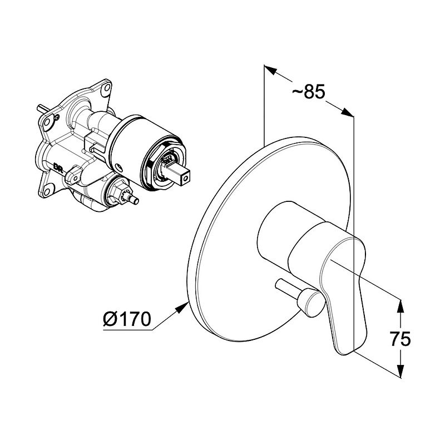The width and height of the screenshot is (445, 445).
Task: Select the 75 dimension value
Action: [400, 339]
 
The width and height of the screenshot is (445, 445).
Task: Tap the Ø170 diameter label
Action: [127, 319]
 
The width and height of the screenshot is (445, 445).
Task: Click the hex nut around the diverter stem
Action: [117, 191]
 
